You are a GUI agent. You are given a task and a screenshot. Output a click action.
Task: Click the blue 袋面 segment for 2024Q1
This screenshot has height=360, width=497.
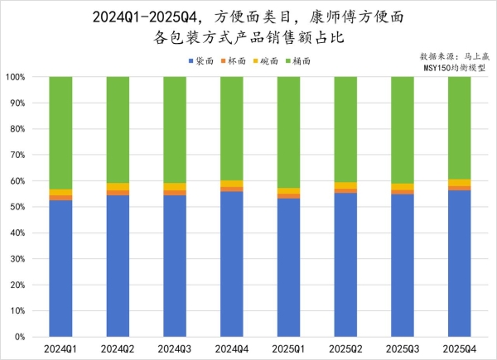[x=60, y=268]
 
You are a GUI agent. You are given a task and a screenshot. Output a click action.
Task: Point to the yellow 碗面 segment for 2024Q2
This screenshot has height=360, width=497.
[x=118, y=186]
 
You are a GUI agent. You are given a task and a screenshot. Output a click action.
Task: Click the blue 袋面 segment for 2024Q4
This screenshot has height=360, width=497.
[x=232, y=264]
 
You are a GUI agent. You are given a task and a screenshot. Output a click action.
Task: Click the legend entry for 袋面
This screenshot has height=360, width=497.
[x=202, y=61]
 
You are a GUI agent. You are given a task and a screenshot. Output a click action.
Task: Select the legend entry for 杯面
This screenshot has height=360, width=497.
[x=236, y=61]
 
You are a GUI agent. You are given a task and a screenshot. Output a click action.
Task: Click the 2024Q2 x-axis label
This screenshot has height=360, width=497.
[x=118, y=349]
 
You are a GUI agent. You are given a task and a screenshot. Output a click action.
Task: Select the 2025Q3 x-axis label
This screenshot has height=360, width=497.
[x=403, y=349]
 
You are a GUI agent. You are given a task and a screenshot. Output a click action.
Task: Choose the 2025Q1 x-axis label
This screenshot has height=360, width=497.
[x=289, y=349]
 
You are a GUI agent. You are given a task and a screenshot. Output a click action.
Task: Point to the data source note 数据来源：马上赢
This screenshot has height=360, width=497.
[x=456, y=55]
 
